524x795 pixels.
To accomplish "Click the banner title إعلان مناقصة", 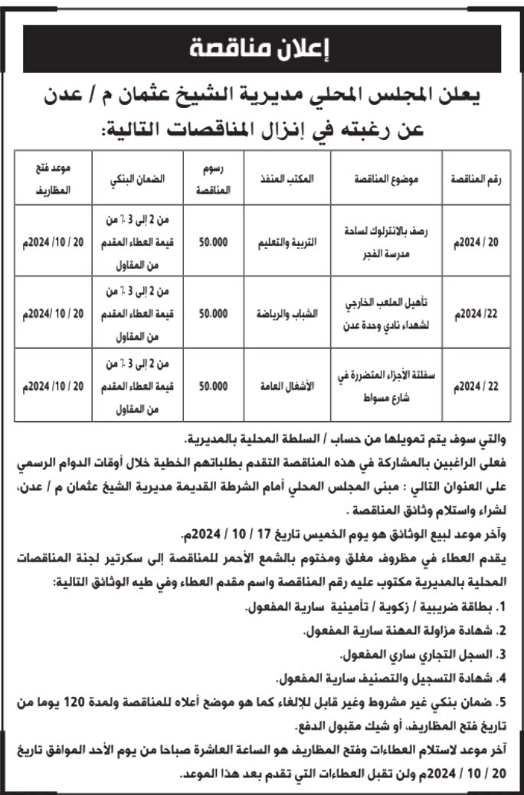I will [x=261, y=50].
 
